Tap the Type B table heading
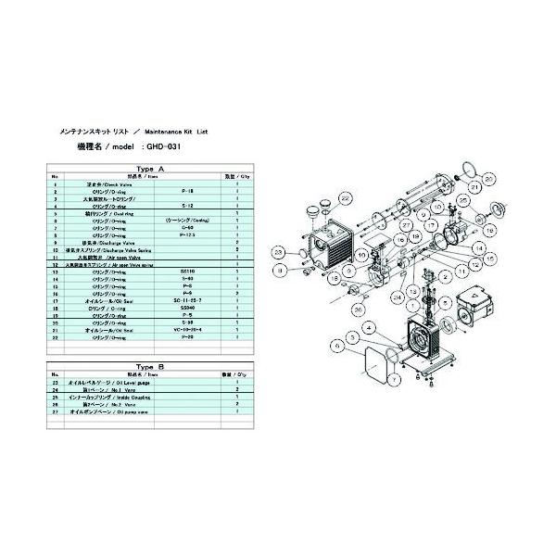click(149, 366)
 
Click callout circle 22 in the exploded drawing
click(345, 198)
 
